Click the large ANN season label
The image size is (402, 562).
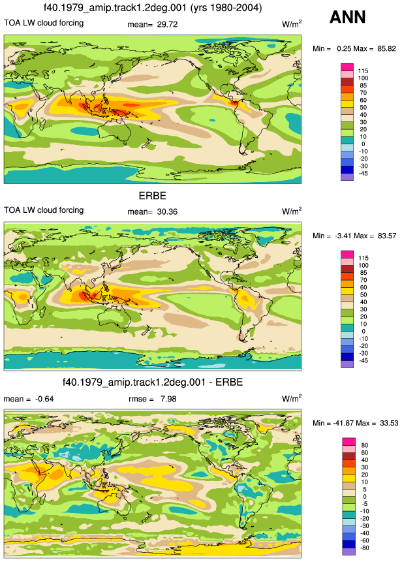click(348, 17)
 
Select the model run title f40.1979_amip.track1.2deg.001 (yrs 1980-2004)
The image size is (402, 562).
click(153, 7)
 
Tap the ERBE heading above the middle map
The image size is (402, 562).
click(153, 196)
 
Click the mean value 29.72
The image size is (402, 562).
click(167, 24)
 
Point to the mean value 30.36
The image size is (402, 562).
click(167, 212)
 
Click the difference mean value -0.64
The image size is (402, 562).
click(44, 399)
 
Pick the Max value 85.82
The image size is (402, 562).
click(386, 48)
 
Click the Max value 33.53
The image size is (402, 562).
click(389, 423)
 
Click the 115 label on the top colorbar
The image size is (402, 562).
click(363, 71)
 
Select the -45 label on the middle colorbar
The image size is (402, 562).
click(363, 360)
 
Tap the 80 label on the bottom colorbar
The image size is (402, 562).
click(365, 445)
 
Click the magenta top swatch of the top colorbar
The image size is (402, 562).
click(347, 67)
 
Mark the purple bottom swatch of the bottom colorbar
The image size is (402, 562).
click(348, 552)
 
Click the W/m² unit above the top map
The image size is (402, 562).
click(292, 24)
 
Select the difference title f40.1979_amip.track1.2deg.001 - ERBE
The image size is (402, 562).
click(153, 382)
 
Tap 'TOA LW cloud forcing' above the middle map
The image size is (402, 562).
click(44, 210)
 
